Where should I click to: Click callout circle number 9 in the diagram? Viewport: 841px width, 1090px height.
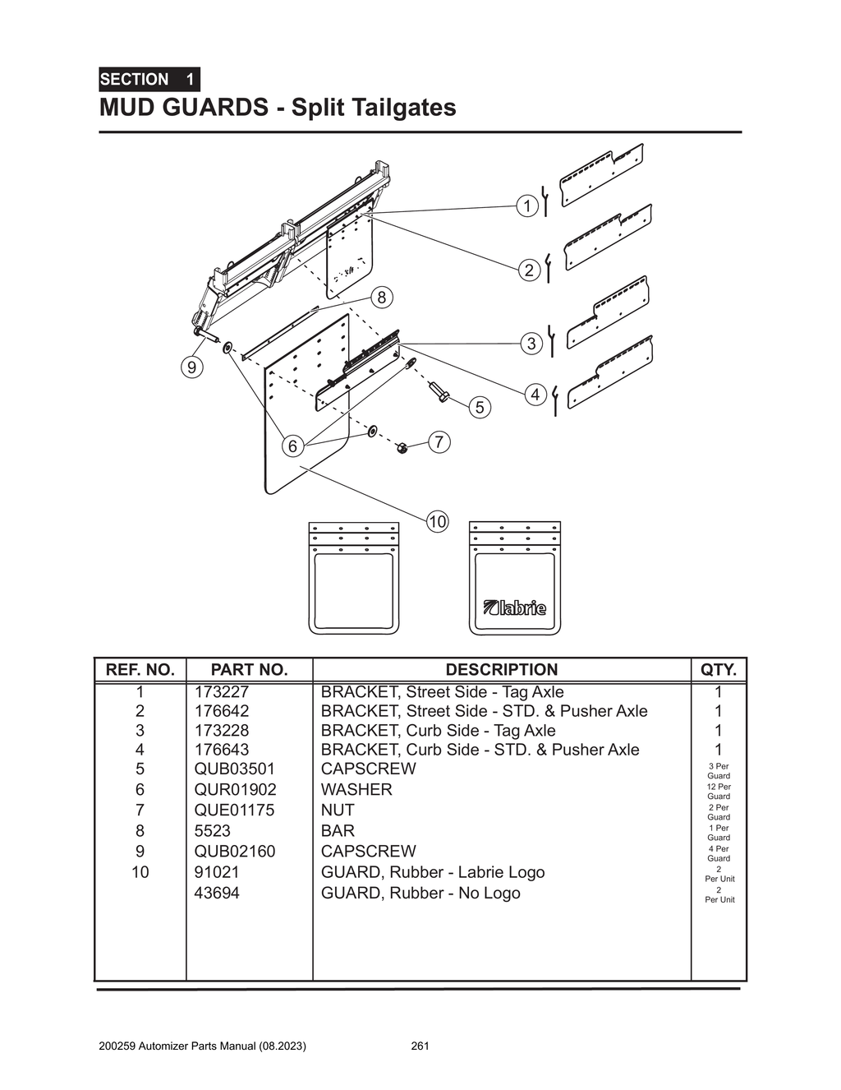191,367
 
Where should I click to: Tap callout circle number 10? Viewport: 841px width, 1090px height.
437,521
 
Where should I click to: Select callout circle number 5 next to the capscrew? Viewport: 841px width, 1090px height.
480,407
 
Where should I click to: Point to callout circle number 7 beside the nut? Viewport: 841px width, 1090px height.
439,442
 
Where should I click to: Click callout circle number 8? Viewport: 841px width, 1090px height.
381,298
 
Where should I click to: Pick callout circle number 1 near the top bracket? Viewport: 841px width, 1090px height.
527,206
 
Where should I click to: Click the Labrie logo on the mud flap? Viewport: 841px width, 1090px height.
515,608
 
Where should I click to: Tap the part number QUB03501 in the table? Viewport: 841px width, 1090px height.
234,769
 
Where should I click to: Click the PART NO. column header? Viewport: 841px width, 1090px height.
249,670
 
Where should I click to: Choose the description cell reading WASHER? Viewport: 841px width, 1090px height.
356,790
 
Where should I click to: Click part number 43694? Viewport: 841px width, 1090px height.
217,894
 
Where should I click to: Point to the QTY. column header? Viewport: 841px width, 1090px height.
719,670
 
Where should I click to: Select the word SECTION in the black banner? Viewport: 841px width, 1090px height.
134,80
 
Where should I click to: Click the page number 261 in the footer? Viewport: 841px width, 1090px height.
420,1046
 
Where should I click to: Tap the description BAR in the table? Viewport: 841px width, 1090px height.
338,831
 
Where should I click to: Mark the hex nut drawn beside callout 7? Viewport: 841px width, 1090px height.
402,448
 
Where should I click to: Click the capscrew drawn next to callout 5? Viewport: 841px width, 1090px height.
439,393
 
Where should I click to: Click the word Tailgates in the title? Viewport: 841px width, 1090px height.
403,108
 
